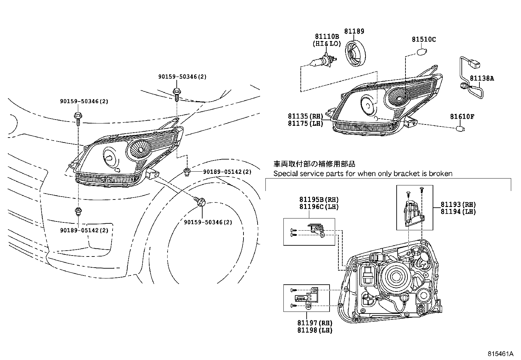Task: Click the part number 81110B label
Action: point(327,37)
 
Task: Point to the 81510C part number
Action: point(423,40)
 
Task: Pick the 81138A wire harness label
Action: point(482,78)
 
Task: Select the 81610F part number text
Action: point(462,116)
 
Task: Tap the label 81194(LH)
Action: point(458,212)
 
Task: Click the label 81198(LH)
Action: point(314,331)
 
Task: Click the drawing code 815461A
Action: point(500,354)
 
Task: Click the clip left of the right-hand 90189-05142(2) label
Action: point(187,172)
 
